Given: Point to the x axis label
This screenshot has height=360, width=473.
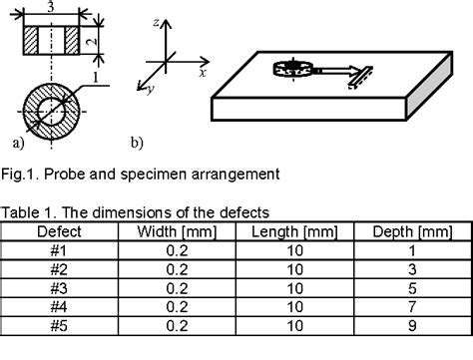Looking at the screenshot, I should pyautogui.click(x=202, y=74).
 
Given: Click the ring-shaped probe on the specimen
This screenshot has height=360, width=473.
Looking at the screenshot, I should pyautogui.click(x=291, y=69).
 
